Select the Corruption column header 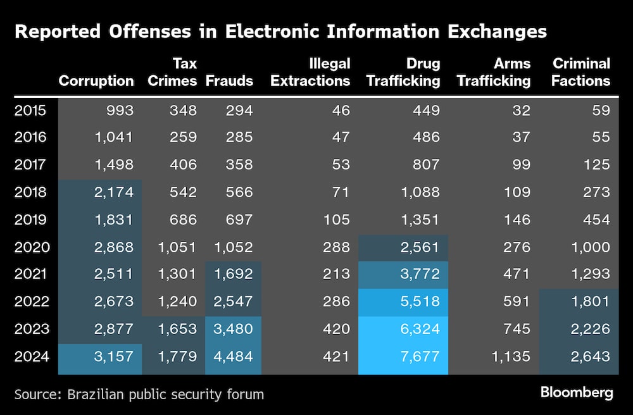(x=96, y=80)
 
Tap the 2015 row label (x=30, y=111)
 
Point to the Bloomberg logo (x=577, y=392)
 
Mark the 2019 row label (x=30, y=220)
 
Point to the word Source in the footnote (x=37, y=395)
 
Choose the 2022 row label (x=30, y=302)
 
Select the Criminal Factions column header (x=581, y=72)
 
